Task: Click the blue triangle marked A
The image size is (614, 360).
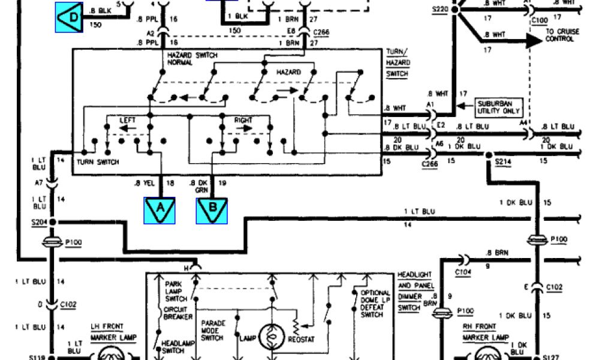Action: click(159, 209)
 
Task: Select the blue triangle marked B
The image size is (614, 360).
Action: click(212, 210)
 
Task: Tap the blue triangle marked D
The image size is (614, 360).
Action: click(69, 17)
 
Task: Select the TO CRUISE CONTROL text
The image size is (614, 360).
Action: click(559, 35)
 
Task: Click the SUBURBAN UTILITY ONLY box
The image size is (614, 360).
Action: click(497, 108)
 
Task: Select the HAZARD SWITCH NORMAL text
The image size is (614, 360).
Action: click(192, 59)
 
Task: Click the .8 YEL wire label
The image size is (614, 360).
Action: click(143, 182)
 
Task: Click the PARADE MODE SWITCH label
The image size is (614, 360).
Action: click(214, 331)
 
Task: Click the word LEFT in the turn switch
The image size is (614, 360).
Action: click(128, 120)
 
